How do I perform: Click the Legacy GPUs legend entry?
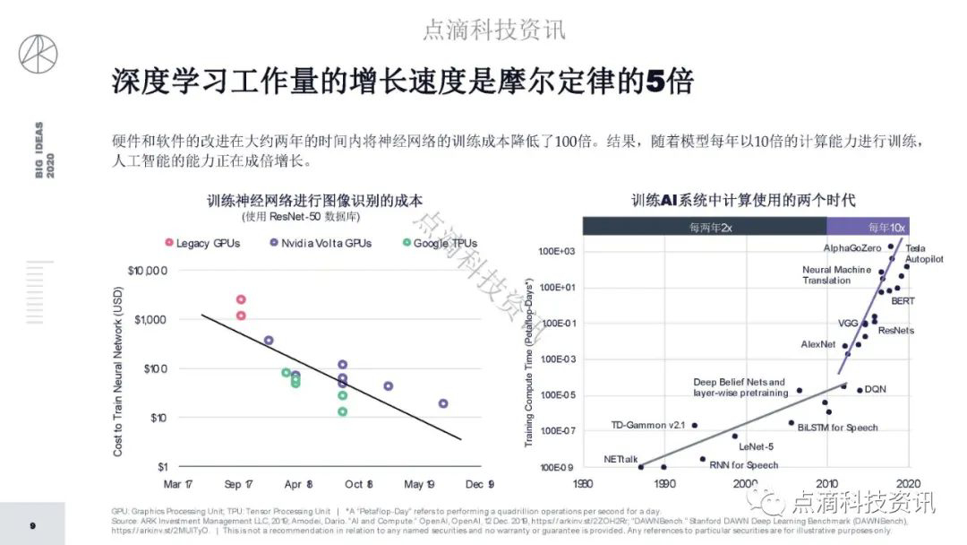tap(202, 243)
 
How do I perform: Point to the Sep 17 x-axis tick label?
tap(237, 484)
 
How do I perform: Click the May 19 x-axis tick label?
tap(418, 484)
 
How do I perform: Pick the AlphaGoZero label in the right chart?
tap(853, 247)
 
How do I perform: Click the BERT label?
tap(903, 301)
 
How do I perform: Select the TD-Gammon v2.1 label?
tap(648, 425)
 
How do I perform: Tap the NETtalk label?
tap(620, 460)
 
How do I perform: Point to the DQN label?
tap(875, 390)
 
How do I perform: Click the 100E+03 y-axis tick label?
tap(556, 252)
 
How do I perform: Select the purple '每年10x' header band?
tap(867, 227)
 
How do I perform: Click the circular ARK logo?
tap(38, 55)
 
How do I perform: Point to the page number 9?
tap(32, 525)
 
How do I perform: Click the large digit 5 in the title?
tap(656, 82)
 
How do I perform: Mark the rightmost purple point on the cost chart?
tap(443, 403)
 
